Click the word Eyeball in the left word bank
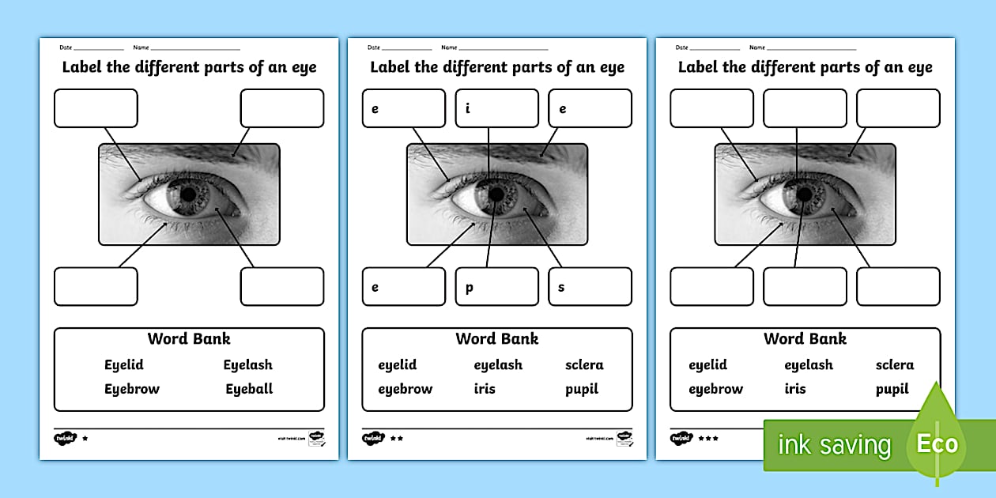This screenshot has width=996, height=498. [249, 389]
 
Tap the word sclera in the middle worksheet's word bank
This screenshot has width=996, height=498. [584, 364]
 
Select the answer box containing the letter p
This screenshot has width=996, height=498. [496, 286]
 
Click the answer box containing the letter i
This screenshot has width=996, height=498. [496, 108]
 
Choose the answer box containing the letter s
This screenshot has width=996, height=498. [590, 286]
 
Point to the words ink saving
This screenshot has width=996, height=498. [834, 445]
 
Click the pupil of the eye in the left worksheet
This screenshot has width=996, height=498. [189, 193]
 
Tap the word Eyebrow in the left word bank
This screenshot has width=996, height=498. [132, 389]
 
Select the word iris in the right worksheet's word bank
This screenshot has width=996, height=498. [795, 389]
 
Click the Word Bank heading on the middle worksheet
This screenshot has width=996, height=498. [497, 338]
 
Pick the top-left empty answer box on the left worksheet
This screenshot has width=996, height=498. [96, 108]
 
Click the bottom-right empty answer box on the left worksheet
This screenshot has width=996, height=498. [282, 286]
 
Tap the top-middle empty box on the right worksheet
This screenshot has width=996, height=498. [805, 108]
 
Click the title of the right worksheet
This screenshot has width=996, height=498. [805, 67]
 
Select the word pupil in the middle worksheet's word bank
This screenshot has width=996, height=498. [582, 389]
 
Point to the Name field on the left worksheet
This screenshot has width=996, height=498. [194, 48]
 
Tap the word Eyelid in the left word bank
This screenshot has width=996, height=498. [124, 364]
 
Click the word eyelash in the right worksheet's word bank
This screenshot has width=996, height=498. [809, 364]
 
